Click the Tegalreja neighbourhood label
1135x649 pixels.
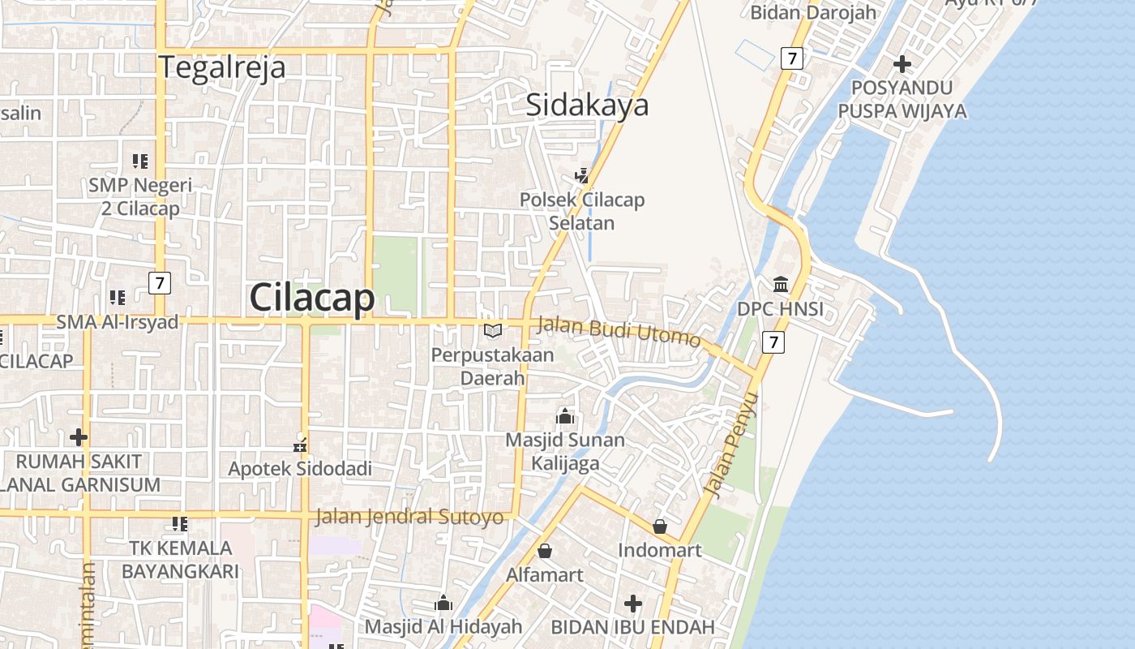[222, 67]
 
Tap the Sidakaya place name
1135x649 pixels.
[588, 105]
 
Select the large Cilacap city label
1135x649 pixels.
[312, 298]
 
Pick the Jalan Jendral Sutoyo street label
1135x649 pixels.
[409, 517]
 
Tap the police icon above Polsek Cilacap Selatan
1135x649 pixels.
[582, 174]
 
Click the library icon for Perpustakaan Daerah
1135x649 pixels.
[493, 330]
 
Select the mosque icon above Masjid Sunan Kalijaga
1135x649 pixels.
[565, 416]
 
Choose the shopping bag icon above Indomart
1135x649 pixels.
[660, 527]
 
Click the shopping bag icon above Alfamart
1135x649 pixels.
[545, 551]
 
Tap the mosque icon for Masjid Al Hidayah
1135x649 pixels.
[443, 603]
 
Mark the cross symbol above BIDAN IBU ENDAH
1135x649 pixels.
[633, 604]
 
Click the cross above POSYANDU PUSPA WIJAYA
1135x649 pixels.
[902, 63]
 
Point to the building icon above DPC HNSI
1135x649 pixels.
[781, 284]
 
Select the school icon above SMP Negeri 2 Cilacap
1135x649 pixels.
[140, 161]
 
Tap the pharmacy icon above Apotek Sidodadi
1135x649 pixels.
[300, 445]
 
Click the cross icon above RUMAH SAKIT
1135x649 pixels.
[79, 437]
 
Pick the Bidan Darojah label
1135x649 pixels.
[813, 12]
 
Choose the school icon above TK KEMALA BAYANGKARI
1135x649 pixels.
[180, 524]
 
